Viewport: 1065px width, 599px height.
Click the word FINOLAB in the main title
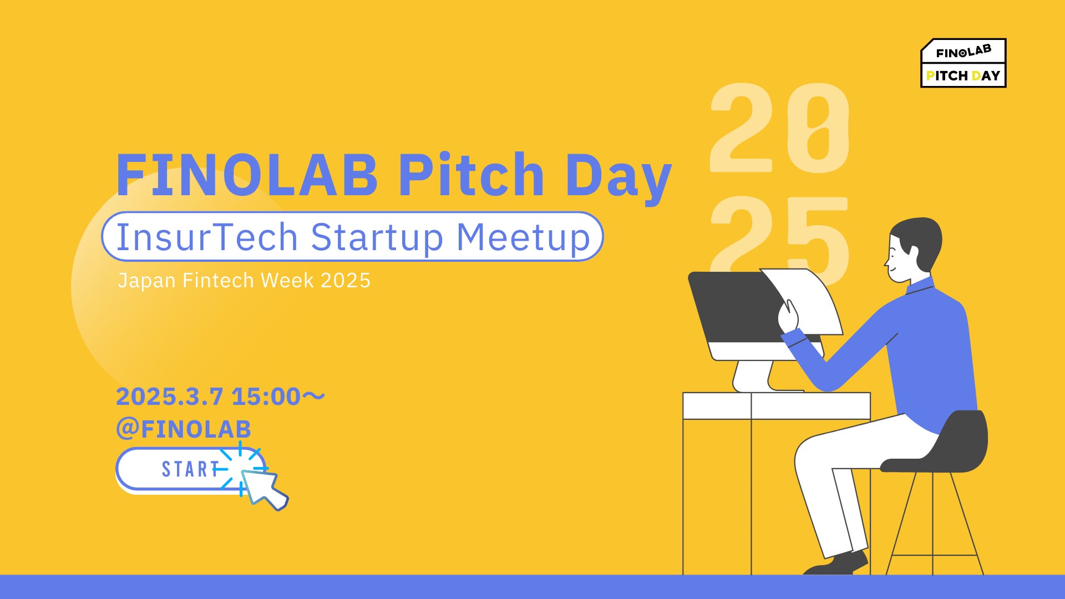click(247, 175)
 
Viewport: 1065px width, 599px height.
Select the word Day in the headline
click(618, 177)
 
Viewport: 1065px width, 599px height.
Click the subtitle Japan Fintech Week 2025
click(244, 281)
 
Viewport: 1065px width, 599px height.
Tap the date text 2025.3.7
click(169, 397)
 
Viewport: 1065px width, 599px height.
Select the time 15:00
click(266, 397)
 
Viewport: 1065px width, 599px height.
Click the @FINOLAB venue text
click(184, 429)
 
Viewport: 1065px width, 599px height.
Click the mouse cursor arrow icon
click(263, 488)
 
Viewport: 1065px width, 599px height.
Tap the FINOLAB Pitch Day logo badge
click(963, 63)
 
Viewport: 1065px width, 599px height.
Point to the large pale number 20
click(780, 128)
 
